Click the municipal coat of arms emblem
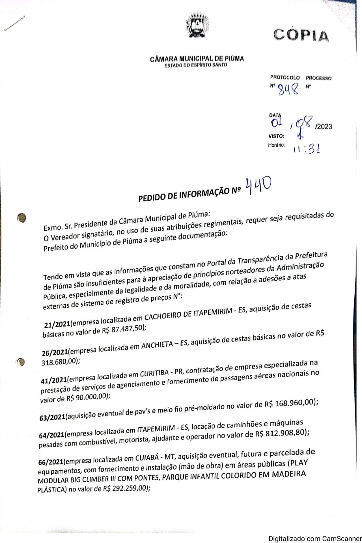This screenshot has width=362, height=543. tap(197, 26)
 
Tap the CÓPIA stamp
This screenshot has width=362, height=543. tap(301, 35)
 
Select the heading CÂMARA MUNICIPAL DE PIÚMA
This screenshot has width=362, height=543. tap(197, 59)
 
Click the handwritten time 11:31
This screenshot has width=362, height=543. tap(307, 148)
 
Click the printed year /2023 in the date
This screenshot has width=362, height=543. tap(324, 126)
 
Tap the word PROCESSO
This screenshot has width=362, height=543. tap(318, 78)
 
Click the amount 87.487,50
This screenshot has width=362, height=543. tap(127, 329)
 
